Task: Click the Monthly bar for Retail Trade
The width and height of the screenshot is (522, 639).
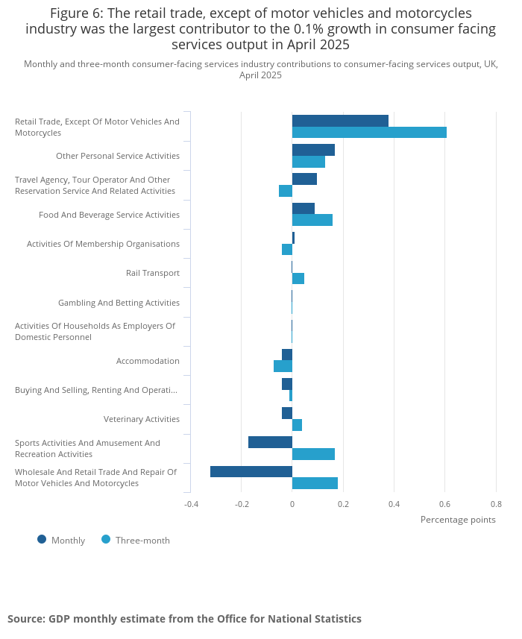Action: pos(340,121)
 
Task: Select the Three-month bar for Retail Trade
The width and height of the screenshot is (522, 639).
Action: pos(369,133)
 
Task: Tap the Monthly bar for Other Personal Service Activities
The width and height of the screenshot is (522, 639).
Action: pos(313,150)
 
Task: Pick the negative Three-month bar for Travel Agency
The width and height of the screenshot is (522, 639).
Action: pos(286,191)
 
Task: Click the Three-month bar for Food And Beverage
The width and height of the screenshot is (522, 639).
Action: pos(312,220)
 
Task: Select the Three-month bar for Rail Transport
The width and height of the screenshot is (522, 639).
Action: pos(298,279)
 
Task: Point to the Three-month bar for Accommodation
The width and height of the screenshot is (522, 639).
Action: pos(283,366)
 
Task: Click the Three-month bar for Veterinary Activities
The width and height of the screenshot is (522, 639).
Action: pos(297,425)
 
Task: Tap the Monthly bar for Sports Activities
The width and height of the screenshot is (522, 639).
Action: pos(270,442)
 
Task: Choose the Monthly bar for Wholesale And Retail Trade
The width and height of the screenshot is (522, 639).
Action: pos(251,471)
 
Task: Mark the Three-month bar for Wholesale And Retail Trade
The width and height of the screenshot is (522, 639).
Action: pos(315,483)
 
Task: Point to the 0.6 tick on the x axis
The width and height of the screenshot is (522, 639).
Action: pos(444,503)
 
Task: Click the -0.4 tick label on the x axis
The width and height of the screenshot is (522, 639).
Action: pos(191,503)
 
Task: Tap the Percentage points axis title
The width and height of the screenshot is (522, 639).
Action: pos(458,520)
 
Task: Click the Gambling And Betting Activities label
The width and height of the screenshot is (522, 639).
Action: pos(119,303)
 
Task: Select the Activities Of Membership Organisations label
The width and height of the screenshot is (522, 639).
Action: pos(103,244)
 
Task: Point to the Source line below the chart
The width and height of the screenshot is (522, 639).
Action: pos(184,619)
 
